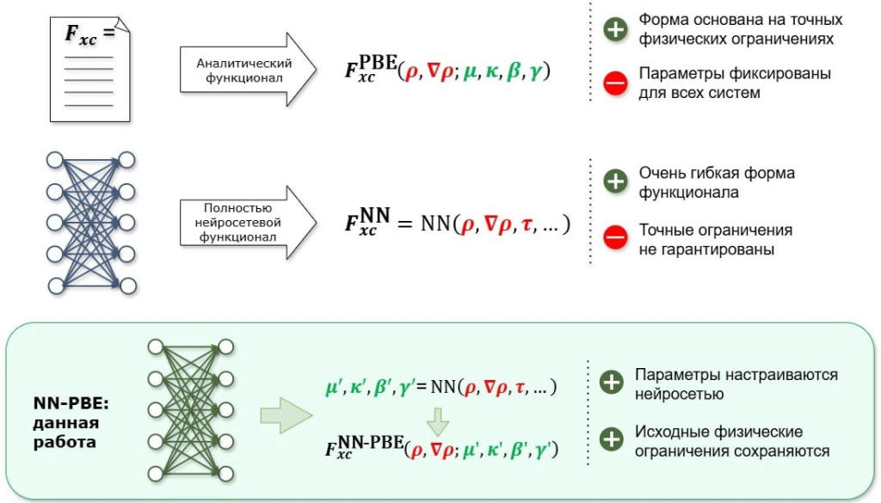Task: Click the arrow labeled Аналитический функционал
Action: click(x=248, y=70)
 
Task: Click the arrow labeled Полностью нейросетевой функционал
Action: click(x=248, y=223)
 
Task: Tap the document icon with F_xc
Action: click(x=89, y=69)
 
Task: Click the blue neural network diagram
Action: click(x=91, y=223)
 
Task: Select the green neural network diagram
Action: click(x=191, y=410)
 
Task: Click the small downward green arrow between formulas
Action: click(x=438, y=422)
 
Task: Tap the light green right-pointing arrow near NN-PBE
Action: click(x=286, y=415)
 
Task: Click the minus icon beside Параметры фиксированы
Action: click(x=615, y=83)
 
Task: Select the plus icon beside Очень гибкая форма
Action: click(x=615, y=181)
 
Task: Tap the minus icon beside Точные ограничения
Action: click(x=615, y=236)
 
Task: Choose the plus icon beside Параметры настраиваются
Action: click(x=612, y=382)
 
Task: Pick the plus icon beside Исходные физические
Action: click(x=612, y=439)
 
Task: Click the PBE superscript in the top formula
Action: click(x=378, y=62)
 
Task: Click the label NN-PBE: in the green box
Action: click(x=71, y=403)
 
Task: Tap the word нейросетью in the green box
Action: click(x=680, y=394)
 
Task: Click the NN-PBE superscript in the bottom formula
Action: click(x=372, y=442)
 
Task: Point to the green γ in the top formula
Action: click(x=535, y=71)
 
